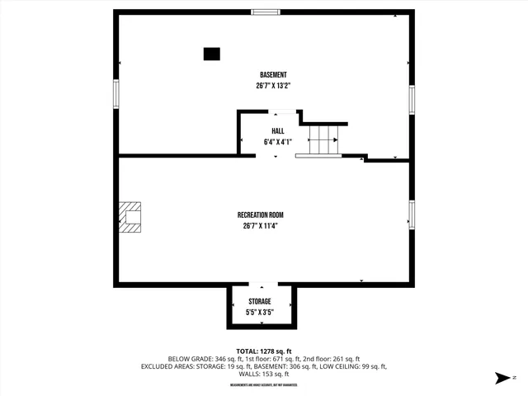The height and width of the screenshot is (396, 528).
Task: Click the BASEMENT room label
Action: pyautogui.click(x=273, y=75)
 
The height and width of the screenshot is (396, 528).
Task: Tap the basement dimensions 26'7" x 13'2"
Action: pyautogui.click(x=273, y=85)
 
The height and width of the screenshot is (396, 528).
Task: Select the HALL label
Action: pyautogui.click(x=278, y=131)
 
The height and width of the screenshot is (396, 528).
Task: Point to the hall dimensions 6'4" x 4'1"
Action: pyautogui.click(x=278, y=141)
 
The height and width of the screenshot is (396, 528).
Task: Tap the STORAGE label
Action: pyautogui.click(x=259, y=302)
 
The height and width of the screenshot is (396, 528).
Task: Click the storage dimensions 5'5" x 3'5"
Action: pyautogui.click(x=259, y=313)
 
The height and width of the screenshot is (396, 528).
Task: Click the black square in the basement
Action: pyautogui.click(x=212, y=54)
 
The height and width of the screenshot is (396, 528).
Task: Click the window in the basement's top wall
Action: pyautogui.click(x=266, y=12)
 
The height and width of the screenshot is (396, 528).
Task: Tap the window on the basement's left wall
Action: pyautogui.click(x=116, y=92)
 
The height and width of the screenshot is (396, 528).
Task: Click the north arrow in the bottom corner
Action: pyautogui.click(x=501, y=379)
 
